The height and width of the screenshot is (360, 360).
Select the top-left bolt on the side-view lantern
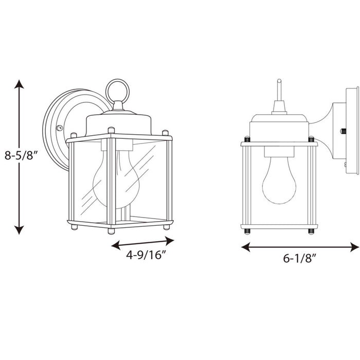246,139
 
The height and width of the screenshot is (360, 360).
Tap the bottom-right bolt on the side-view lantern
311,230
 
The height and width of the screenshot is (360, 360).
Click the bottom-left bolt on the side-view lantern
246,230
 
